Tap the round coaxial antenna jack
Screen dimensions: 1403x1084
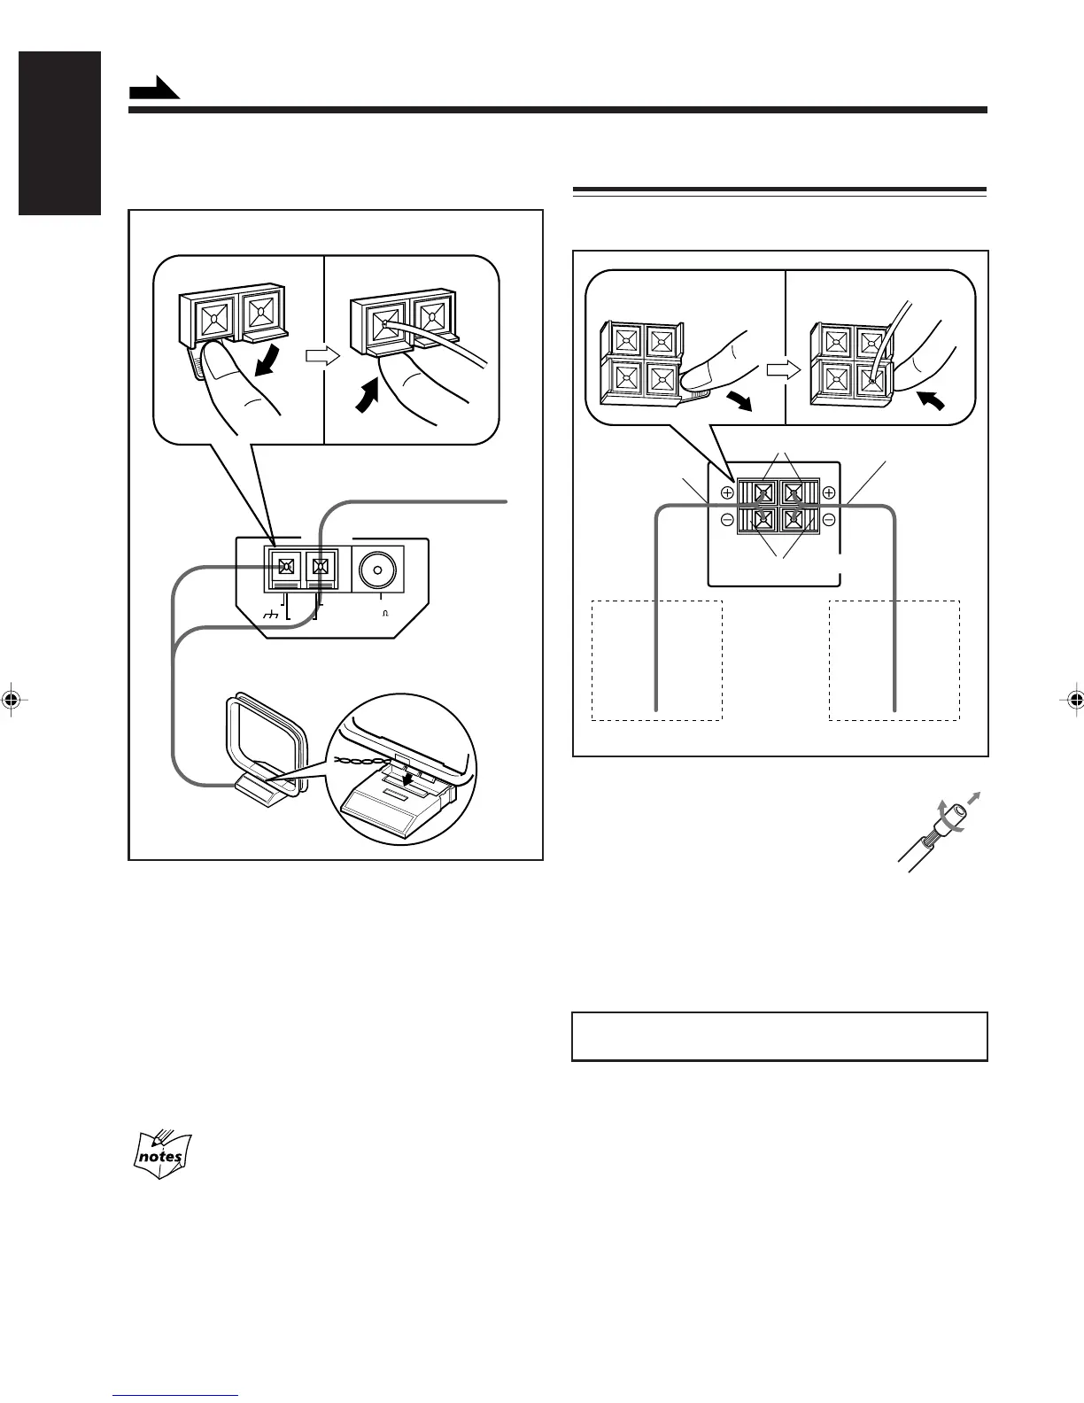378,572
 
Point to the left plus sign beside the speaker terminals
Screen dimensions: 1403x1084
727,493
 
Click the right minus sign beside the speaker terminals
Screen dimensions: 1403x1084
829,520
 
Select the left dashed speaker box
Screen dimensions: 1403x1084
657,660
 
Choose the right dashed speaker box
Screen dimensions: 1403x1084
894,660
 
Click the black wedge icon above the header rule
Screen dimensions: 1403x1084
154,89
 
